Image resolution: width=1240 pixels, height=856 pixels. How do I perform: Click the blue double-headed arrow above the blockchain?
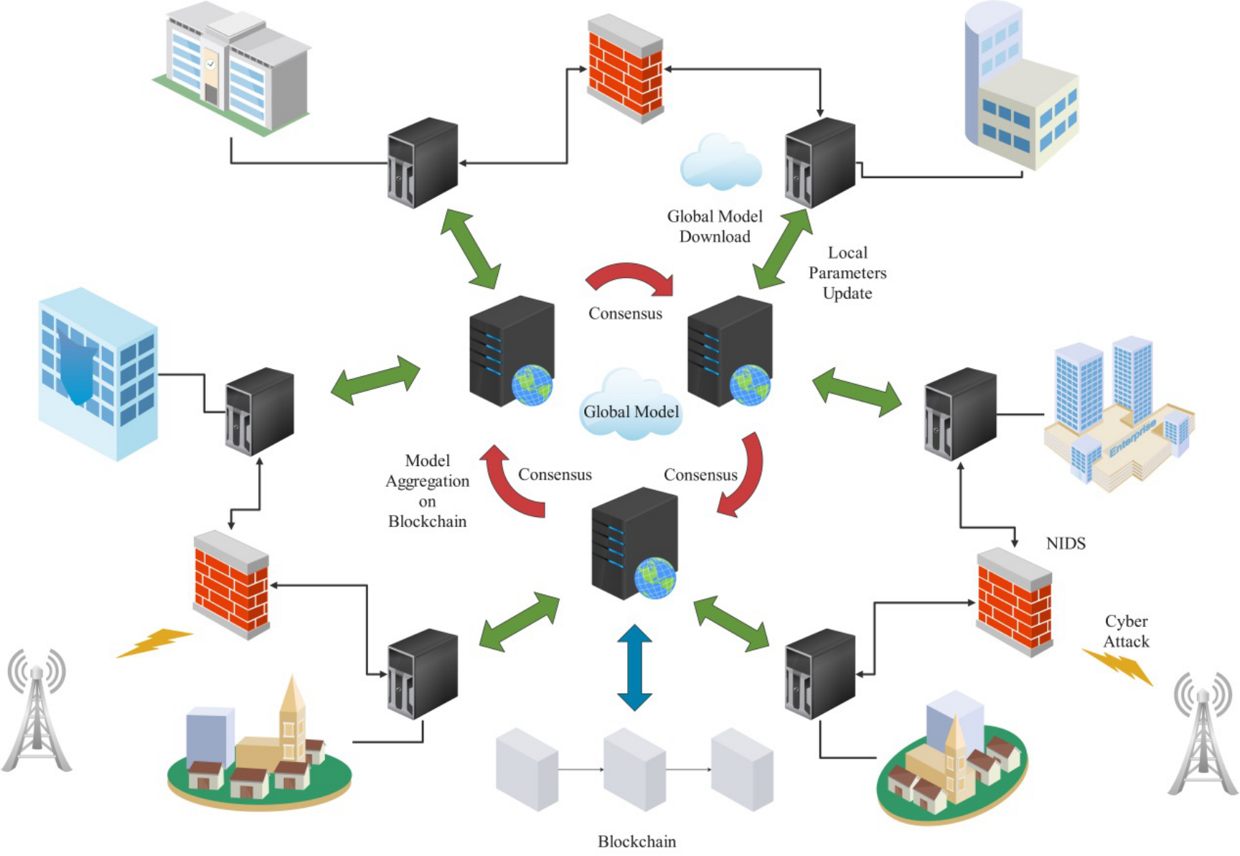(634, 667)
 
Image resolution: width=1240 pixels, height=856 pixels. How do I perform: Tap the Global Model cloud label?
(631, 411)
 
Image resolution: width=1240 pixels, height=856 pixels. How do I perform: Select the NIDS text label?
(1066, 544)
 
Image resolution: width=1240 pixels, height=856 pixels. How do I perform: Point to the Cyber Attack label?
(1126, 631)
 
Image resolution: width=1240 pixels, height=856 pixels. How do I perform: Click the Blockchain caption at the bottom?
(637, 841)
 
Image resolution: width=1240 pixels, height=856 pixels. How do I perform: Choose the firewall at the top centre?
(625, 68)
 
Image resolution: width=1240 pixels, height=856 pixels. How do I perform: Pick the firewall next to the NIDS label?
(1014, 602)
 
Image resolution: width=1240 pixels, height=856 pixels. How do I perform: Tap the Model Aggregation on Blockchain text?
(428, 491)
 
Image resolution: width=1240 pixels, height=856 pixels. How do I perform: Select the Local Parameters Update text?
(847, 273)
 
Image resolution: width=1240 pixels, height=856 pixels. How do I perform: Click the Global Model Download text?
(715, 226)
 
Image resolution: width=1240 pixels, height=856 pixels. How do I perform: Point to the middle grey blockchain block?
(634, 768)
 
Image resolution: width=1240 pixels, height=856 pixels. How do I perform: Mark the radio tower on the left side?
(36, 711)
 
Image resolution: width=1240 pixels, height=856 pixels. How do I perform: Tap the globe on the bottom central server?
(654, 577)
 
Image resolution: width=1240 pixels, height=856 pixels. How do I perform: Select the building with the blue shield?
(97, 373)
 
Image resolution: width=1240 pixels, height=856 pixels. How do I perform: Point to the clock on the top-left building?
(210, 64)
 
